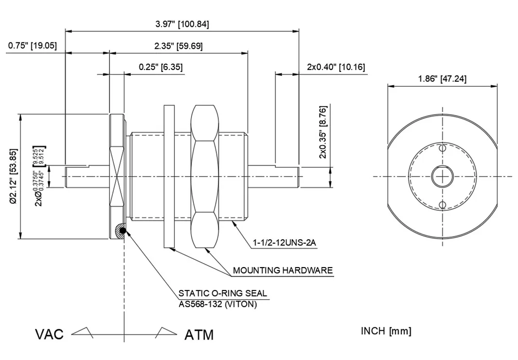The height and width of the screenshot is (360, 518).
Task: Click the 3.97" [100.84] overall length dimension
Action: [x=182, y=24]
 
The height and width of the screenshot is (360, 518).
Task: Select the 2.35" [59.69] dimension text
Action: [x=179, y=46]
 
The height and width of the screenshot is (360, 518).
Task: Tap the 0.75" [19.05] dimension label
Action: [x=32, y=46]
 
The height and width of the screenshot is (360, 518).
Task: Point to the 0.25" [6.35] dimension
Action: [x=161, y=67]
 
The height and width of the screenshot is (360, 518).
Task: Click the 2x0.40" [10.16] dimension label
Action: [x=336, y=67]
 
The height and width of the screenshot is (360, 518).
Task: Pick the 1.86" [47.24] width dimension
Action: [x=442, y=79]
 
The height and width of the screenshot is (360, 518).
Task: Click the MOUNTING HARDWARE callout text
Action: [x=283, y=270]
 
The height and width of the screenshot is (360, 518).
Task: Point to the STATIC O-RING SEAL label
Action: [x=223, y=293]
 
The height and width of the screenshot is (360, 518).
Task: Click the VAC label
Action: [x=49, y=335]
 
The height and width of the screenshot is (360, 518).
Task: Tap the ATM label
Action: [x=199, y=335]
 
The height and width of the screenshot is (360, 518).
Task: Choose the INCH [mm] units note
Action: [x=386, y=331]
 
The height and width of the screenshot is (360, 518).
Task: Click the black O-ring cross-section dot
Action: [x=123, y=231]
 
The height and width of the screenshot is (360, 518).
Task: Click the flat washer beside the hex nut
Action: [x=169, y=176]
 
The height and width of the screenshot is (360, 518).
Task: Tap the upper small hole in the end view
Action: [x=442, y=148]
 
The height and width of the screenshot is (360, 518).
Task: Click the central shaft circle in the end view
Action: [x=442, y=176]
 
